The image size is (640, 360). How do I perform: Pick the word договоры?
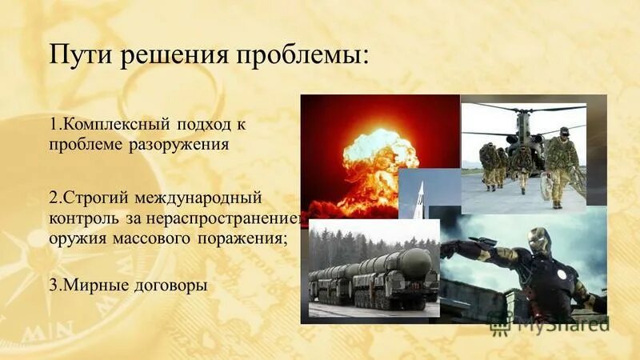[x=156, y=286]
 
